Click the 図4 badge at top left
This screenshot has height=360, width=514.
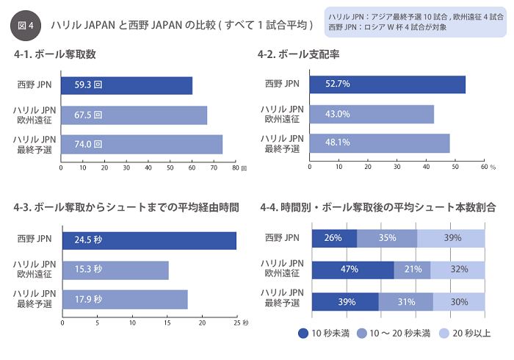coord(26,25)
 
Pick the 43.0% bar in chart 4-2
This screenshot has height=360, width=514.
coord(372,114)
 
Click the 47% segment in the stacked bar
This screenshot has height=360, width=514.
coord(353,270)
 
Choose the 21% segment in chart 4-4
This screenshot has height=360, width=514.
coord(412,270)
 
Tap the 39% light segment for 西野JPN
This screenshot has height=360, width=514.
coord(452,238)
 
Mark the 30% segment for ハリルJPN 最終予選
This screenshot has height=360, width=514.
coord(459,302)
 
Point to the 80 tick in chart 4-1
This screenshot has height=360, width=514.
coord(236,168)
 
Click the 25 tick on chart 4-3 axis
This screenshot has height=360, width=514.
coord(236,322)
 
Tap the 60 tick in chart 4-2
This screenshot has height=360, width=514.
coord(484,167)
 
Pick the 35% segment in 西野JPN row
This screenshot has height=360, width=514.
coord(387,238)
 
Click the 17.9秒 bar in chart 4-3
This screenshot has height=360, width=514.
coord(125,300)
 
